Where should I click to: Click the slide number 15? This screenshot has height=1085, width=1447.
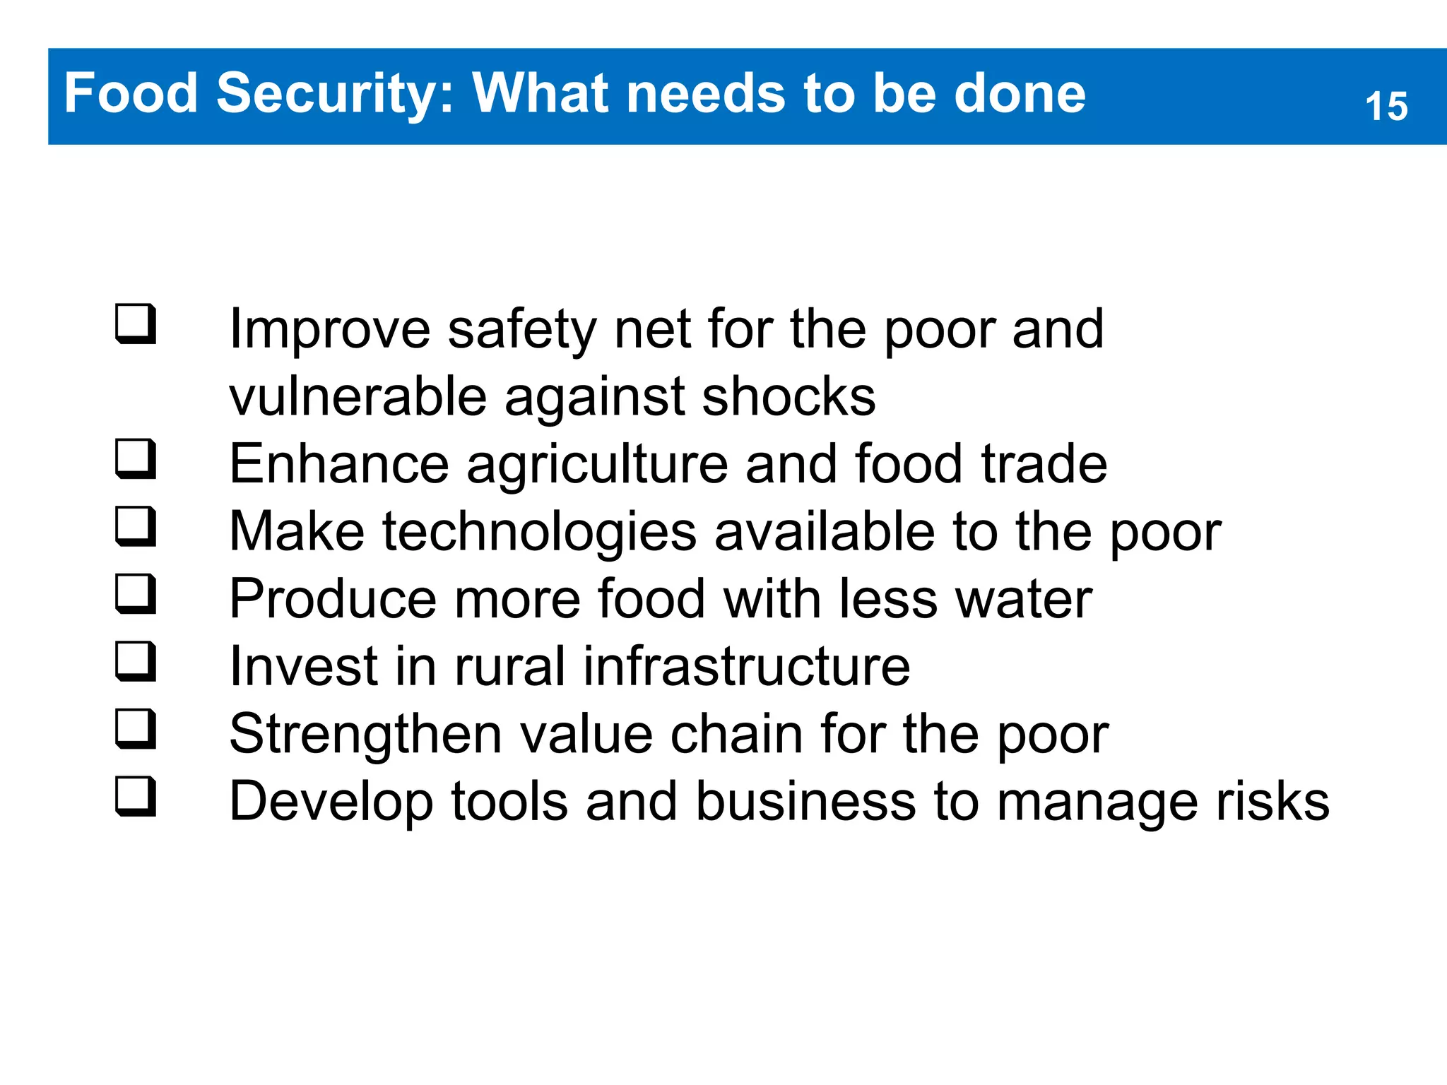pyautogui.click(x=1386, y=107)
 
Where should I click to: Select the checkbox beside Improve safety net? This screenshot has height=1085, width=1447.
pyautogui.click(x=135, y=324)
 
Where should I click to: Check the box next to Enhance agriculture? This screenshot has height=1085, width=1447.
pyautogui.click(x=135, y=458)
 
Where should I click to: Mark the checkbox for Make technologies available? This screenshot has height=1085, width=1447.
pyautogui.click(x=135, y=526)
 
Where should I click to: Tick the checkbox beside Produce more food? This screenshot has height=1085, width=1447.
pyautogui.click(x=135, y=593)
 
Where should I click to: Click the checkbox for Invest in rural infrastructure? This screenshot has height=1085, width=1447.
pyautogui.click(x=135, y=661)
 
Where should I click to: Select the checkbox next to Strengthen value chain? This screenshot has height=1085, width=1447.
pyautogui.click(x=135, y=729)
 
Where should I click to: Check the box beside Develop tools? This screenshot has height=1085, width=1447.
pyautogui.click(x=135, y=796)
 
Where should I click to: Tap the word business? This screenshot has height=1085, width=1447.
pyautogui.click(x=805, y=802)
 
